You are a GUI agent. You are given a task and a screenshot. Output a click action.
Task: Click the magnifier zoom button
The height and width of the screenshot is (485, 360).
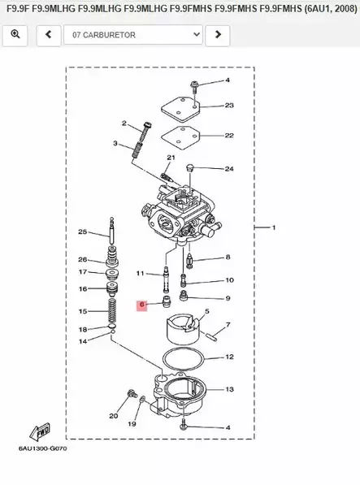[x=15, y=36]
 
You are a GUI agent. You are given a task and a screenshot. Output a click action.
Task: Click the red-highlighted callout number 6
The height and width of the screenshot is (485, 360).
[x=141, y=305]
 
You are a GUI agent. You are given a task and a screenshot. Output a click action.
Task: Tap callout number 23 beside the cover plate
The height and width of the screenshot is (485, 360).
[x=229, y=106]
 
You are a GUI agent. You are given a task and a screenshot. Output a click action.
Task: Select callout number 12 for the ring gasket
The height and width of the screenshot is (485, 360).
[x=229, y=357]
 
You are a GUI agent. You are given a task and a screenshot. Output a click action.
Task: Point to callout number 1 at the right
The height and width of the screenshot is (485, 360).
[x=274, y=228]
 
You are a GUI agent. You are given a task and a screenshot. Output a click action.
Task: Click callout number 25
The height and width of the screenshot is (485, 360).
[x=82, y=233]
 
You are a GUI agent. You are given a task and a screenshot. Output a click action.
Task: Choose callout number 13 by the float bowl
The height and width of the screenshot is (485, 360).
[x=229, y=390]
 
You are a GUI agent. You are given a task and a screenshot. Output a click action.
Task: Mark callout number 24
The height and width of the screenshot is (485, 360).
[x=229, y=170]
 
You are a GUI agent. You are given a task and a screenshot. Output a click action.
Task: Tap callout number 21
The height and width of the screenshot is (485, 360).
[x=171, y=158]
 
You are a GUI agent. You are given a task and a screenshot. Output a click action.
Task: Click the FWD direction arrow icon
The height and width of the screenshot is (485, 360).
[x=39, y=430]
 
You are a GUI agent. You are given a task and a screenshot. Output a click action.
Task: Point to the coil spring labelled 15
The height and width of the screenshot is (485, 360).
[x=112, y=311]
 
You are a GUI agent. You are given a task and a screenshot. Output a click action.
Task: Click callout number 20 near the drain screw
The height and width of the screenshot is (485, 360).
[x=114, y=416]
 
